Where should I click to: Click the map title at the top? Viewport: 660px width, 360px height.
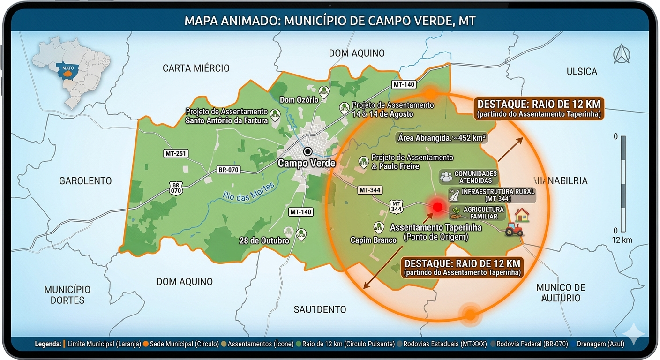(330, 21)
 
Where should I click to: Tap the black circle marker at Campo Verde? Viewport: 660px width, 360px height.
(307, 151)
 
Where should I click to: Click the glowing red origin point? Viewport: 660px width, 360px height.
(437, 207)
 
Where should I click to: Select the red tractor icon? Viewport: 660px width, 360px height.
(514, 229)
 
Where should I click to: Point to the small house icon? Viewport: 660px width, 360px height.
(522, 215)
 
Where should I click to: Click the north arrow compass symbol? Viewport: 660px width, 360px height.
(622, 54)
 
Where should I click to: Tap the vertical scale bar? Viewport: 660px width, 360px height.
(623, 183)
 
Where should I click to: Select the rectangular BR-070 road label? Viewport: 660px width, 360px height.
(228, 170)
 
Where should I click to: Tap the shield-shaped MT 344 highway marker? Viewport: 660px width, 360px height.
(396, 206)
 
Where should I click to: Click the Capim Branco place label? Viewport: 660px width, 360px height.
(374, 240)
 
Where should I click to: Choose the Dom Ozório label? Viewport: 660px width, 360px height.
(299, 99)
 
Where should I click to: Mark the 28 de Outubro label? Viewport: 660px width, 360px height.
(264, 240)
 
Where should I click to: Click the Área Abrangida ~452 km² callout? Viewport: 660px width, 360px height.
(442, 138)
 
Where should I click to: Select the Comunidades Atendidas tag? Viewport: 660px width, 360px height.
(469, 177)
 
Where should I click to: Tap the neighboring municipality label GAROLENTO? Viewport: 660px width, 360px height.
(85, 181)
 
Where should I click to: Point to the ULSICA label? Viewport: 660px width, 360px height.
(582, 72)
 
